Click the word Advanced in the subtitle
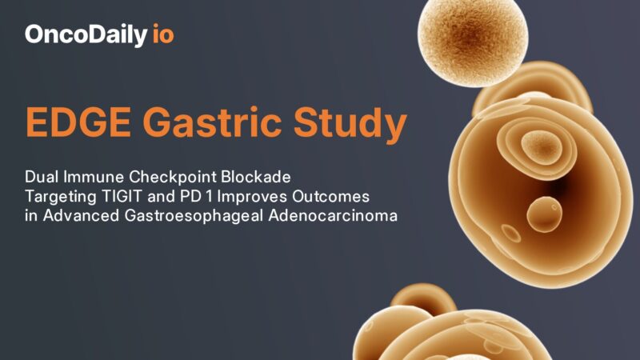click(x=70, y=216)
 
